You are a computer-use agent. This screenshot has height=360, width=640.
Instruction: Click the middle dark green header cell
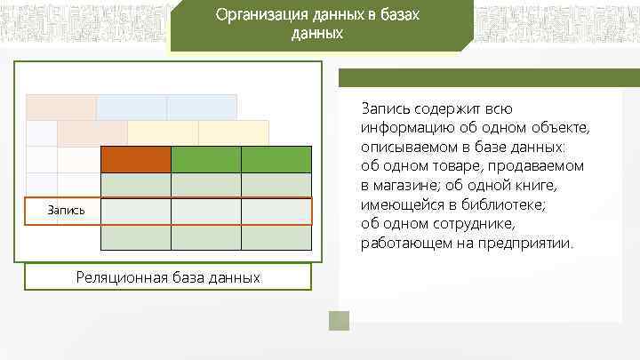click(x=205, y=158)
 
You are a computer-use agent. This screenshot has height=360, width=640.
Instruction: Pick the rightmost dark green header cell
click(x=276, y=158)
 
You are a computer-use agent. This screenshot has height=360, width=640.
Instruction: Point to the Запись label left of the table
click(x=67, y=211)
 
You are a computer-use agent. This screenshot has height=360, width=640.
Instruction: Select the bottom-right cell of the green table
click(x=276, y=238)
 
